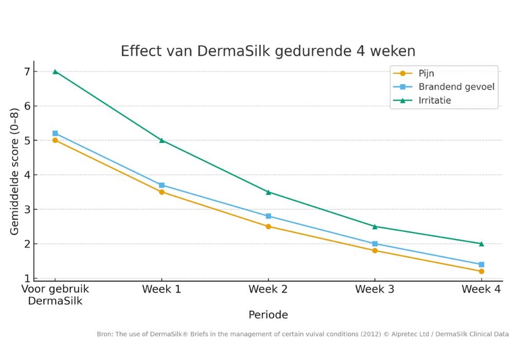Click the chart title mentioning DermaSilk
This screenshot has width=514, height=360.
268,51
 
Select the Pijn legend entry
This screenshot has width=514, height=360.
426,74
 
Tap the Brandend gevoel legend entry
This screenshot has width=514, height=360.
456,87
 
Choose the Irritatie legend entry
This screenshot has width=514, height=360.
434,100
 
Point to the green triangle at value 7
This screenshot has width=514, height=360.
55,71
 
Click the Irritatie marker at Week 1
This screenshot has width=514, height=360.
161,140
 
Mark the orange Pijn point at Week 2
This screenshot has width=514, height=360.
268,226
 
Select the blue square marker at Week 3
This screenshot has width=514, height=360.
375,244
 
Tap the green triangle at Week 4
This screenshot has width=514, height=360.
481,244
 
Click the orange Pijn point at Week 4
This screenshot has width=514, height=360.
481,271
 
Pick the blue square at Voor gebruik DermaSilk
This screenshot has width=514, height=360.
55,133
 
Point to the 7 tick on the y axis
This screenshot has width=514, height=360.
27,71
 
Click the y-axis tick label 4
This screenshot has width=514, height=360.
27,175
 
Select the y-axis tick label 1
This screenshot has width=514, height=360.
27,278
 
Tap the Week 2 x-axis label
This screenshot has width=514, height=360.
268,290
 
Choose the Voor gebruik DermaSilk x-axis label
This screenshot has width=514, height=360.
55,295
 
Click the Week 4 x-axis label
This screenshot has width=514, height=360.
481,290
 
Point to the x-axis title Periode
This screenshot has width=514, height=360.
268,314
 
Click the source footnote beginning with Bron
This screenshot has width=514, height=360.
303,334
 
